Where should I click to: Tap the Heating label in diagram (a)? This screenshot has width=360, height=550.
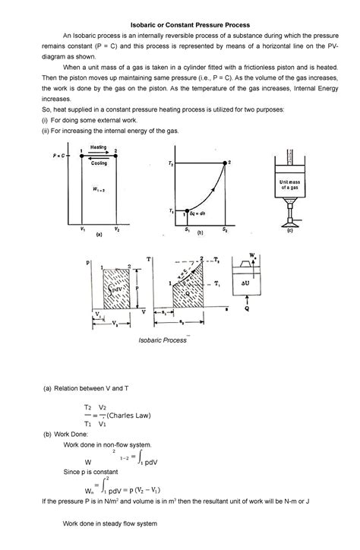pos(99,147)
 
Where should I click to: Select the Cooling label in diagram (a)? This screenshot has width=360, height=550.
pos(99,163)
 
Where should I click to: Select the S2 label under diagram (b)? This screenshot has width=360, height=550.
pos(225,229)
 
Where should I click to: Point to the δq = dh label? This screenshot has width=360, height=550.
pos(199,215)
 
